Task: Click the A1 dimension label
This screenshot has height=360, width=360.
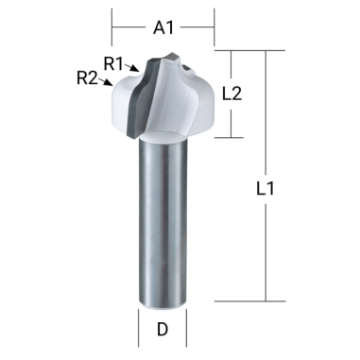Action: (163, 29)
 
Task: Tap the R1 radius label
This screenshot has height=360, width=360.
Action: (114, 63)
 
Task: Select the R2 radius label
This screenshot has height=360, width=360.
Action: (86, 77)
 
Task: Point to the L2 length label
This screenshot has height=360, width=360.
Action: (233, 94)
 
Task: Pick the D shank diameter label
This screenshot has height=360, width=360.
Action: (163, 331)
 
